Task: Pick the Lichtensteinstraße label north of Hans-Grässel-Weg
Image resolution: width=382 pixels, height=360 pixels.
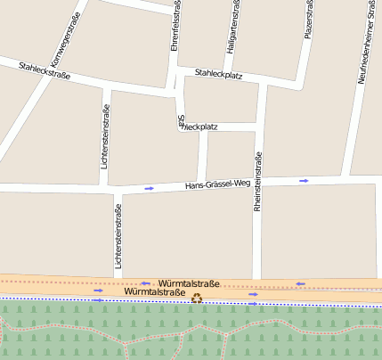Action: (105, 137)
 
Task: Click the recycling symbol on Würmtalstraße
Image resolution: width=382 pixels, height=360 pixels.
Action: (197, 299)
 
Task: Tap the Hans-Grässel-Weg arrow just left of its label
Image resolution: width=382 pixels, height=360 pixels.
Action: (149, 188)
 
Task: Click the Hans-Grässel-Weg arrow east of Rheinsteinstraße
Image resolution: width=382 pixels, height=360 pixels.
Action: (304, 181)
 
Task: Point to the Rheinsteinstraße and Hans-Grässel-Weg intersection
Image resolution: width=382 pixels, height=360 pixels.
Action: (257, 182)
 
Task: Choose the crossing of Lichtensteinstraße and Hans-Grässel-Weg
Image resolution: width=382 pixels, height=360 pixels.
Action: (115, 189)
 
